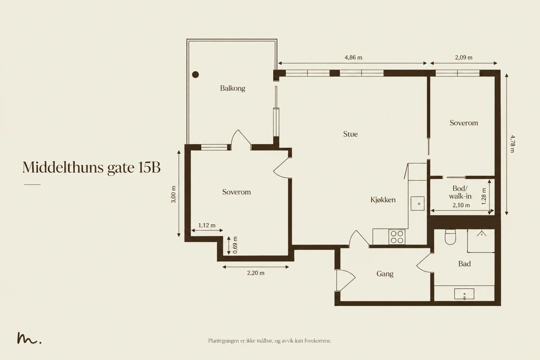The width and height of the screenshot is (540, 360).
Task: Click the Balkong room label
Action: click(x=233, y=88)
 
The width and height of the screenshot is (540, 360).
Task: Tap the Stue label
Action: click(x=350, y=134)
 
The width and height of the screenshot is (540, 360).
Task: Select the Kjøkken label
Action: click(x=383, y=200)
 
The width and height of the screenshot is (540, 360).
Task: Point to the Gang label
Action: click(x=385, y=274)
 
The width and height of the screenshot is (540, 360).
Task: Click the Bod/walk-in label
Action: click(x=460, y=192)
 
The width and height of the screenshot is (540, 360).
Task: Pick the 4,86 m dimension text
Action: click(x=353, y=58)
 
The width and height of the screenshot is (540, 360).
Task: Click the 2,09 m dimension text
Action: click(x=464, y=58)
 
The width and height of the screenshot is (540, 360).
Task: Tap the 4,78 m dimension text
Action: click(x=513, y=144)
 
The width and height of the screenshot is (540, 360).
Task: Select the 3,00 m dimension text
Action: click(x=173, y=194)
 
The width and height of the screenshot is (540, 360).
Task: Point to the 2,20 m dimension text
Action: click(x=255, y=273)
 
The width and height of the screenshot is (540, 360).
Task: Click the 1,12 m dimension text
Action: click(x=207, y=225)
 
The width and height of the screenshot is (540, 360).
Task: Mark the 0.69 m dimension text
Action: click(x=235, y=245)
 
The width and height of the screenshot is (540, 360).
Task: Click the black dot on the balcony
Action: click(x=195, y=75)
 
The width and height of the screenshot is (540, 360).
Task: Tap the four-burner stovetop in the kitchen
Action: click(x=397, y=237)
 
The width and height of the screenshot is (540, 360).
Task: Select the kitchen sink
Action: click(x=417, y=203)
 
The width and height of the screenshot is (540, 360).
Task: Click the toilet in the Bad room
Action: click(x=450, y=237)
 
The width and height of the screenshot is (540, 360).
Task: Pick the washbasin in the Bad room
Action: click(x=464, y=294)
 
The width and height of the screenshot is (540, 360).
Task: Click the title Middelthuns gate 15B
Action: click(x=91, y=167)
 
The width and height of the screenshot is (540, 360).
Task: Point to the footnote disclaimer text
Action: click(x=270, y=341)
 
